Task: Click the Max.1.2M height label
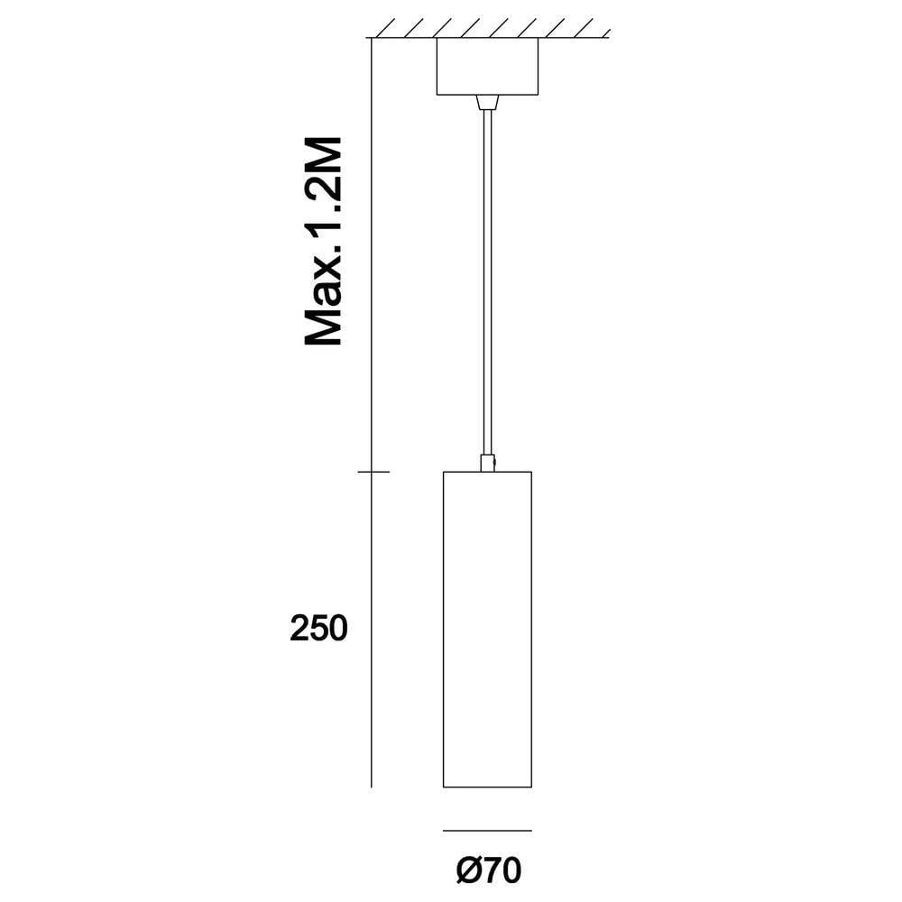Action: (323, 242)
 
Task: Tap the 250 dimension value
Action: (318, 629)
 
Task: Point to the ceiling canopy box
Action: (487, 67)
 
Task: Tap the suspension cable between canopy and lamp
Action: (487, 280)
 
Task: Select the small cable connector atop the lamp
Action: (487, 463)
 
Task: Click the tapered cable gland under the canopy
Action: (487, 102)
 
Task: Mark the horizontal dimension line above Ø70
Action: (487, 830)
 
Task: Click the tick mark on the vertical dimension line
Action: (373, 472)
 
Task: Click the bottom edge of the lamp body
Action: (487, 787)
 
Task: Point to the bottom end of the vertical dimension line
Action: (373, 786)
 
